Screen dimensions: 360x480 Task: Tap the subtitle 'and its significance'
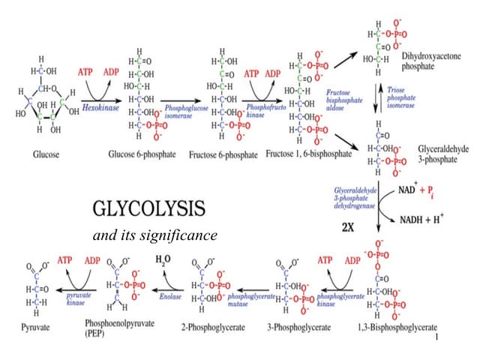point(154,235)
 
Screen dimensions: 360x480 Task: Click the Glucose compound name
point(47,154)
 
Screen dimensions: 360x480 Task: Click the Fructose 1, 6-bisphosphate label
point(308,154)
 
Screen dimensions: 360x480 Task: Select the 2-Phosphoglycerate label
point(208,327)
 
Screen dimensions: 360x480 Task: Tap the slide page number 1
point(436,338)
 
